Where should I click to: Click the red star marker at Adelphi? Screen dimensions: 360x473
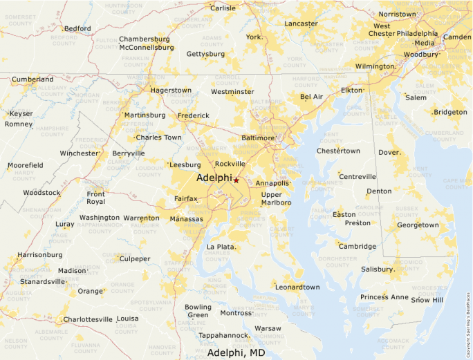tap(236, 180)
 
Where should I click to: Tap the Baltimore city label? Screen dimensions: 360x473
tap(257, 138)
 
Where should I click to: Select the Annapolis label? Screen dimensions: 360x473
tap(272, 184)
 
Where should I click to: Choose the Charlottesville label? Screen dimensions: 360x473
tap(87, 319)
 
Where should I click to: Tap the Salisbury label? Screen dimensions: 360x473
tap(377, 269)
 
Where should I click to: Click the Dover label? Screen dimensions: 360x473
tap(389, 152)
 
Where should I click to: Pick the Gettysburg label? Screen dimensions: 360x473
tap(205, 54)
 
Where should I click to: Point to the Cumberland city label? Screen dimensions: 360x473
tap(33, 79)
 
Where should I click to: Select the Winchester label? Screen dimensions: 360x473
tap(80, 153)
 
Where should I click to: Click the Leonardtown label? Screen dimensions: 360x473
tap(297, 287)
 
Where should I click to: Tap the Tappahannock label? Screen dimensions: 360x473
tap(223, 335)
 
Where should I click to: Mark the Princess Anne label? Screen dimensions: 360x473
tap(384, 297)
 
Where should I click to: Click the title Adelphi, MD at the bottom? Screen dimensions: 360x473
tap(236, 352)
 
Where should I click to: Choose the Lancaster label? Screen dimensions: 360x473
tap(301, 23)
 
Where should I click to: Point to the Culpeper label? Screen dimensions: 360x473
tap(135, 259)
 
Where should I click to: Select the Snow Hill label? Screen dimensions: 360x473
tap(427, 300)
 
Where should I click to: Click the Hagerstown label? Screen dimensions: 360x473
tap(171, 91)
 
